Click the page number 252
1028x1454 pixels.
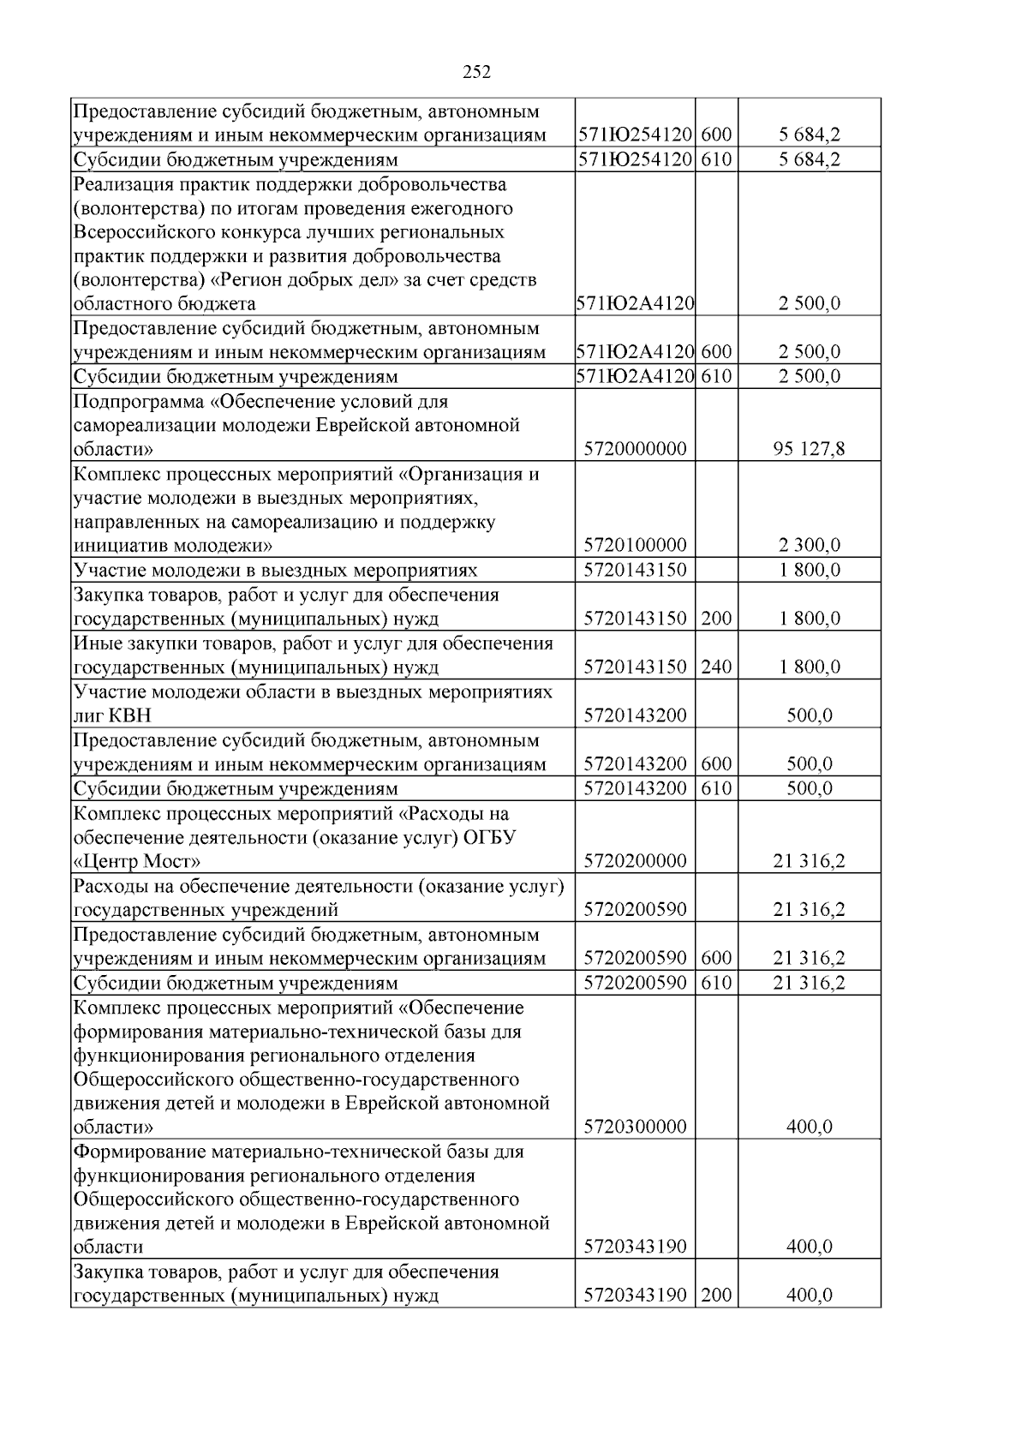point(476,72)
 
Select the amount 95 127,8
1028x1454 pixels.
point(809,449)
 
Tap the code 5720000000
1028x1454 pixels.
point(635,449)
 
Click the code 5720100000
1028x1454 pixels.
point(635,545)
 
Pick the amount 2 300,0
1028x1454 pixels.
point(809,545)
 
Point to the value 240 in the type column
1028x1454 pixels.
point(716,667)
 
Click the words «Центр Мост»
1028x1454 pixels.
point(137,861)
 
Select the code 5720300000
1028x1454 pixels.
point(635,1127)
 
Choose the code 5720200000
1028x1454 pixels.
point(635,861)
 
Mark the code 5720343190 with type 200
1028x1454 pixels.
point(635,1295)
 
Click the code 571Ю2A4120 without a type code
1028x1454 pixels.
point(635,303)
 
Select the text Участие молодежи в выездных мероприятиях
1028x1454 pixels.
point(275,570)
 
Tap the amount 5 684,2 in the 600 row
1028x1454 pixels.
point(809,135)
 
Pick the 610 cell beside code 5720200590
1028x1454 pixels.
point(716,983)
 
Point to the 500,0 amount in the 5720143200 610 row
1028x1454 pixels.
point(809,788)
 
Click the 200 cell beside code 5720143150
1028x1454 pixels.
point(716,619)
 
